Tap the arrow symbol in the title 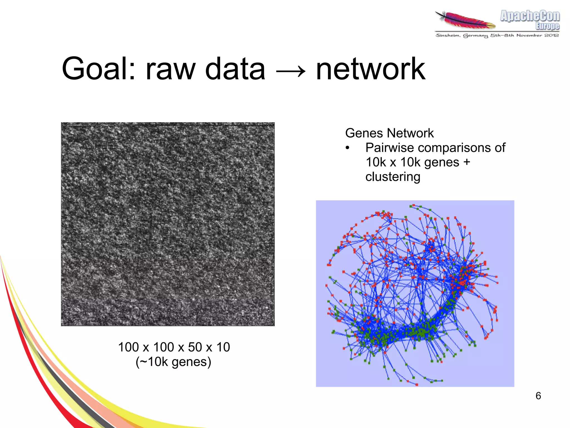[291, 71]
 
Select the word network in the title [370, 69]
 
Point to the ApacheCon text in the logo [530, 16]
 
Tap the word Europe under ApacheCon [547, 26]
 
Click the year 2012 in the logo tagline [551, 35]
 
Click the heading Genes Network [389, 133]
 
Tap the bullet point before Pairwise [347, 148]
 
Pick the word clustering [392, 177]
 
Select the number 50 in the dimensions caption [195, 347]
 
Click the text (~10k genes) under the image [173, 362]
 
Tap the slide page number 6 [538, 396]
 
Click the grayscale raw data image [168, 224]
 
